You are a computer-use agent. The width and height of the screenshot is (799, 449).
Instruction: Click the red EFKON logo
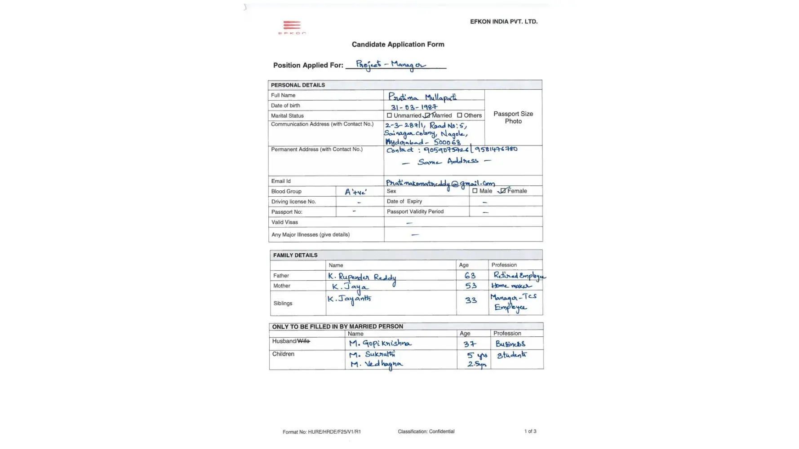pos(292,27)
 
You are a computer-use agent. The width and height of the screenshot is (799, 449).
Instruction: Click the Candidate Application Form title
pos(398,44)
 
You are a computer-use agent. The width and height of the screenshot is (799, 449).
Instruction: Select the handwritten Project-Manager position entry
pos(391,65)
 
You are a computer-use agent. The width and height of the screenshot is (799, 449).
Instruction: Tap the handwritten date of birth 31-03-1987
pos(413,107)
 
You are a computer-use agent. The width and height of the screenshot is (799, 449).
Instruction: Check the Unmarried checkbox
pos(389,115)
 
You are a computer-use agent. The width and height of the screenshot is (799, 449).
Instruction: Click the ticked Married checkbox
pos(427,115)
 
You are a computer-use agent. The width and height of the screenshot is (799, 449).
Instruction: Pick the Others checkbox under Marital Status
pos(459,115)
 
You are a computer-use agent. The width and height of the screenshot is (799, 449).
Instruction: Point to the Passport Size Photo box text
pos(513,118)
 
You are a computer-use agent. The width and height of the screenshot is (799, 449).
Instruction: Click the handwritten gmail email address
pos(440,183)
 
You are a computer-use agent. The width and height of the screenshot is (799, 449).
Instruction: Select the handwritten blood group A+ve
pos(355,192)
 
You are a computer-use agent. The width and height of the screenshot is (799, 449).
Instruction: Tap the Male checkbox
pos(475,191)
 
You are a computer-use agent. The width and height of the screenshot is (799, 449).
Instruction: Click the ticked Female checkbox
pos(503,191)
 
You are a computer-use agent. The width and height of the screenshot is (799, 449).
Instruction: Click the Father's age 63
pos(470,276)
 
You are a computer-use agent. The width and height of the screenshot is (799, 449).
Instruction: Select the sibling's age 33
pos(471,300)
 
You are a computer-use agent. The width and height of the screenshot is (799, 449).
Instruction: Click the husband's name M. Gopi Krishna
pos(380,344)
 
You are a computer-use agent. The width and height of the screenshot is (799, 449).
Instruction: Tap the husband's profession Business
pos(510,344)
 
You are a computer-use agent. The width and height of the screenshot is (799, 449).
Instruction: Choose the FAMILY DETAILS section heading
pos(295,255)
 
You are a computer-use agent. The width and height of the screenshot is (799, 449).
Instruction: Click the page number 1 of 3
pos(530,431)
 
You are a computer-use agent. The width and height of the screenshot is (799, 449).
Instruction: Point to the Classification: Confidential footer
pos(426,431)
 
